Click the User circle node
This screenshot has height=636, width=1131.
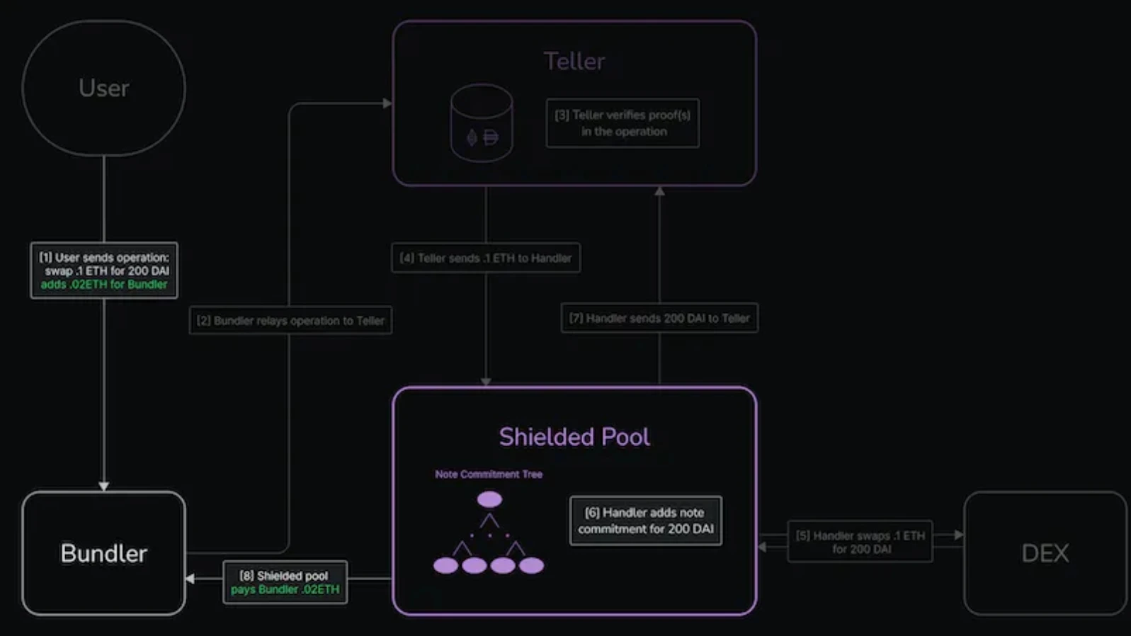click(103, 88)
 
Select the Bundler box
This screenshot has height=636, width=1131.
click(103, 553)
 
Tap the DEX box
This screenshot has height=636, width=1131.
click(1045, 553)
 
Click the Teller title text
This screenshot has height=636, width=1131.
click(574, 61)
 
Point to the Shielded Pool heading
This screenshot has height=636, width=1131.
click(574, 436)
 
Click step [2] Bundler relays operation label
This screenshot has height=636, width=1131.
click(290, 321)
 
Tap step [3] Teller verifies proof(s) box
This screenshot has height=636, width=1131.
click(623, 123)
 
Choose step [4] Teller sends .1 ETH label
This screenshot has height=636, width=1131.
click(486, 258)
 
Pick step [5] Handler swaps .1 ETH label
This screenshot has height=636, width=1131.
click(860, 542)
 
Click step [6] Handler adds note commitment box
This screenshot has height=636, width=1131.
click(645, 521)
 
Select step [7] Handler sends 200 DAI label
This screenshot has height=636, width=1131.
click(659, 318)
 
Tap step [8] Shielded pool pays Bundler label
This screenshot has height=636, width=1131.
click(285, 582)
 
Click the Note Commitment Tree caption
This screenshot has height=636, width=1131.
click(489, 475)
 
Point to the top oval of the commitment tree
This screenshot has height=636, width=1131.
click(489, 499)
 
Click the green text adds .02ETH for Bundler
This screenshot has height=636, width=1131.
click(104, 285)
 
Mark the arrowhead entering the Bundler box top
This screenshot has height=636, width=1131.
click(104, 487)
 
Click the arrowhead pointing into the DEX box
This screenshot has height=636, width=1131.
click(959, 535)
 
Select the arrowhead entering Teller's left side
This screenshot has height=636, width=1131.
click(387, 103)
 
